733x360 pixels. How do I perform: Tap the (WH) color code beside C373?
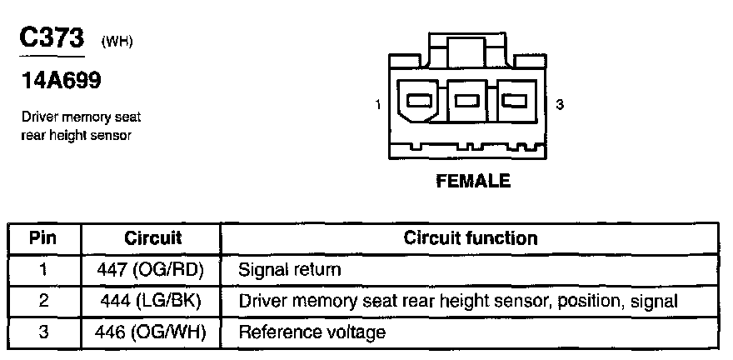(x=117, y=42)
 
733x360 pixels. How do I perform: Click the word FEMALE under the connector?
(x=472, y=181)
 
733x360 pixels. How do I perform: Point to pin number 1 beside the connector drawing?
(x=378, y=105)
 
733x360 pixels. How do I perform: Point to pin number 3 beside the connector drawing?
(x=560, y=105)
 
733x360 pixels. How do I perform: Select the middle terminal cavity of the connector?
(x=470, y=102)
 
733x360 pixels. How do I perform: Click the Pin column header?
(x=42, y=238)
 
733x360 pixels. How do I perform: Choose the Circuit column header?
(x=152, y=238)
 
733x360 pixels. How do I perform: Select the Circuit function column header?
(x=471, y=238)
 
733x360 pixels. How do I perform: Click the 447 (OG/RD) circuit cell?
(x=152, y=270)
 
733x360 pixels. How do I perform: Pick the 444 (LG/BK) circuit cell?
(x=152, y=301)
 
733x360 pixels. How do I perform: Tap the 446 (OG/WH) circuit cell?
(x=152, y=332)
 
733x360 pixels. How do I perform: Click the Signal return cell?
(x=289, y=270)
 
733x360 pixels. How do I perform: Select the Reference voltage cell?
(x=312, y=332)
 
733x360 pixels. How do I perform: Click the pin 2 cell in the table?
(x=42, y=301)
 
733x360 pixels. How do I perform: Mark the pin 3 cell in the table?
(x=42, y=332)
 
